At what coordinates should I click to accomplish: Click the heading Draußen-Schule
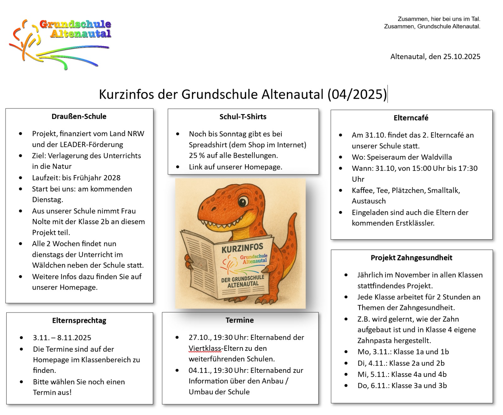click(x=79, y=117)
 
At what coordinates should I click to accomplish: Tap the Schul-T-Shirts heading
click(x=243, y=117)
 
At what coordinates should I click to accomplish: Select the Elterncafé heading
click(x=411, y=118)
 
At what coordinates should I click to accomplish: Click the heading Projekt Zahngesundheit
click(x=411, y=258)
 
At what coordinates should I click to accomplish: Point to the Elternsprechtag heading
click(x=79, y=321)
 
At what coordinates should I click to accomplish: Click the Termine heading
click(x=240, y=320)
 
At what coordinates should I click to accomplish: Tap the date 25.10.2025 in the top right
click(x=462, y=57)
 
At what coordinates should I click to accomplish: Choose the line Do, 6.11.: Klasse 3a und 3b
click(x=402, y=386)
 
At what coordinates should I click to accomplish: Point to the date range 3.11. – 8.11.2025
click(x=62, y=338)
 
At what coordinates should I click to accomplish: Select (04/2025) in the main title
click(x=357, y=94)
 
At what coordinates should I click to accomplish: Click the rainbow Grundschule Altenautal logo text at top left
click(x=75, y=29)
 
